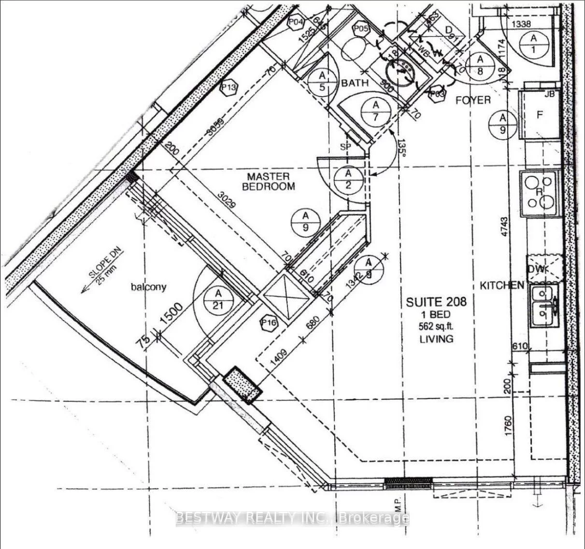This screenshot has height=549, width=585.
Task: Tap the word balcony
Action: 148,287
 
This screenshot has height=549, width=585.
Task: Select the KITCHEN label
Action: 501,285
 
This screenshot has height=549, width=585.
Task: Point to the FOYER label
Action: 473,100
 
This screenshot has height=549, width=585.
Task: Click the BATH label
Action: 355,83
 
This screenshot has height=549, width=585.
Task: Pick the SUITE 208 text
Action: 436,302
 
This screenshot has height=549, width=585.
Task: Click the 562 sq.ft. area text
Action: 436,326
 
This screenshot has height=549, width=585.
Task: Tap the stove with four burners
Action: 541,192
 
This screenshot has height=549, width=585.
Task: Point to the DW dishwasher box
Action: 545,269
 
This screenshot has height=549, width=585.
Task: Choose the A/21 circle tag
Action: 218,300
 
